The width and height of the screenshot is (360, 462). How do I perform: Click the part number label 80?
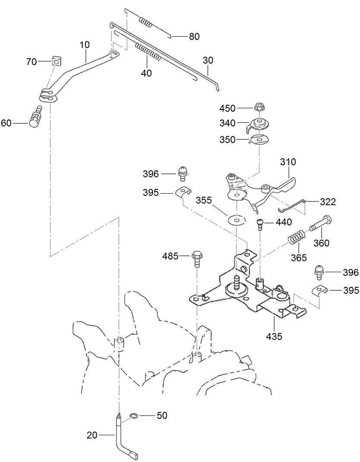coord(194,37)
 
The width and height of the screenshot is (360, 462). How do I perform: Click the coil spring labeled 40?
coord(147,52)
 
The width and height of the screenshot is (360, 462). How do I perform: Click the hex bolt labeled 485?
coord(197,258)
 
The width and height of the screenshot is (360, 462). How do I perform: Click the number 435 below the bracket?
coord(274,336)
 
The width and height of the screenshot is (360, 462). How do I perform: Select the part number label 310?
coord(288,162)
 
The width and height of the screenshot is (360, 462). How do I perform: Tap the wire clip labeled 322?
coord(293,205)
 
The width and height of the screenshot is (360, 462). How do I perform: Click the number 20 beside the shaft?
coord(92,435)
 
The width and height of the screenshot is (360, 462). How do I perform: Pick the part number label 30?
coord(208,60)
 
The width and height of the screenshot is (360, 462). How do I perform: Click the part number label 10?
coord(85,45)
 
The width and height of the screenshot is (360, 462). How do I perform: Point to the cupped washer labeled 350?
coord(259,140)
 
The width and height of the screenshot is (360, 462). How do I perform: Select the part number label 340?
coord(228,123)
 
